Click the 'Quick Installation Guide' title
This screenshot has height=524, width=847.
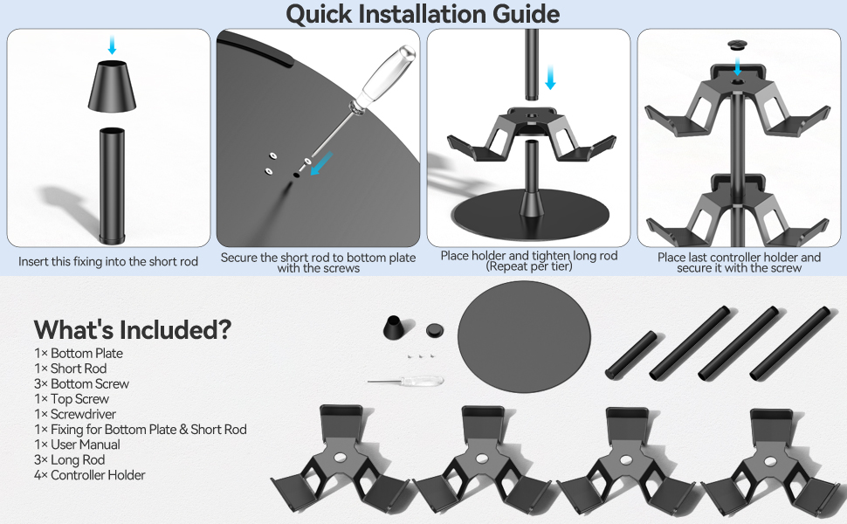(x=423, y=14)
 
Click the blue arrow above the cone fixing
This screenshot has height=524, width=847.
(x=112, y=45)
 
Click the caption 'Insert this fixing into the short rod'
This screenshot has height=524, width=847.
(x=108, y=261)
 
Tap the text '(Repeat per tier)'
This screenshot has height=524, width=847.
(x=529, y=267)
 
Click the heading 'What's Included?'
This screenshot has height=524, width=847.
(x=132, y=329)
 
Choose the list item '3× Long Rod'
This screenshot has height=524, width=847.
(x=69, y=459)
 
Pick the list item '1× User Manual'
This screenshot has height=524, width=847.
(x=77, y=445)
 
